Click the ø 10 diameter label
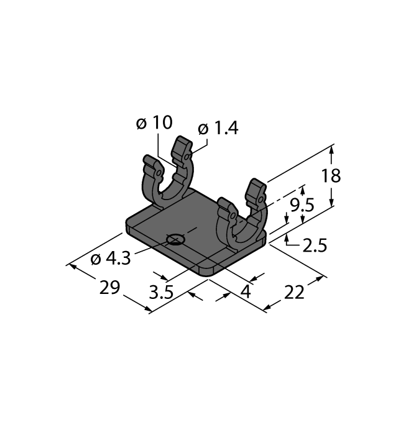pyautogui.click(x=154, y=123)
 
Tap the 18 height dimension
pyautogui.click(x=331, y=176)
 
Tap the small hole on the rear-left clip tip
pyautogui.click(x=159, y=170)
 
